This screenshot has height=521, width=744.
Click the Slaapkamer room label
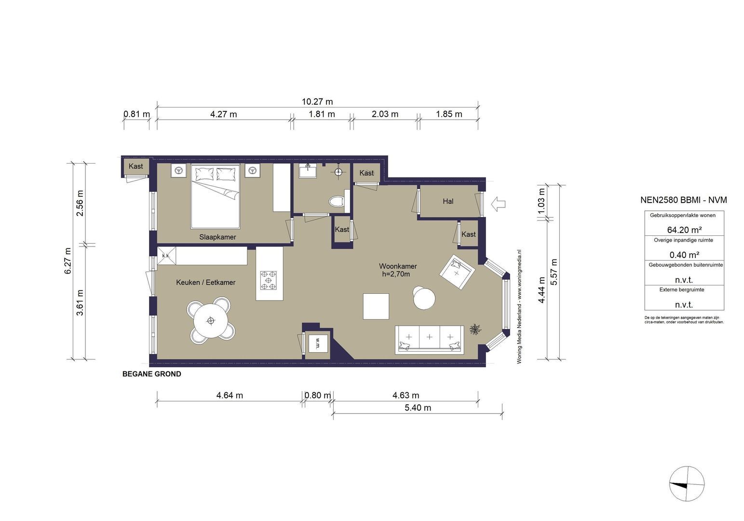(x=217, y=237)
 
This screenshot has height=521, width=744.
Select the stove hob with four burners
(x=269, y=280)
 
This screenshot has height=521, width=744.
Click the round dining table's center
(x=211, y=321)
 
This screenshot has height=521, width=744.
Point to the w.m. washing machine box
(x=318, y=343)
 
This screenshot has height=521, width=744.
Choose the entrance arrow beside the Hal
(x=498, y=204)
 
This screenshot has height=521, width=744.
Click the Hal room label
(x=448, y=201)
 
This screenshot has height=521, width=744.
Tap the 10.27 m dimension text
(x=317, y=101)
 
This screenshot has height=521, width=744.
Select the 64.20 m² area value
(x=684, y=230)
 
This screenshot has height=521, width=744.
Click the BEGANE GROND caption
(x=152, y=374)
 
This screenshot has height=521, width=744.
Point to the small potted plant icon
(x=475, y=329)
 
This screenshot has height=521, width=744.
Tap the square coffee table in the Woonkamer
(x=376, y=306)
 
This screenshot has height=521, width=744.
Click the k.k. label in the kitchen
(x=166, y=256)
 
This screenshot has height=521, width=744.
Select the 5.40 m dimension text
(x=418, y=407)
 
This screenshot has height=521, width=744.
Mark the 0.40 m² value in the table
(x=684, y=255)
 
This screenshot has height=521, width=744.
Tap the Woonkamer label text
(x=398, y=266)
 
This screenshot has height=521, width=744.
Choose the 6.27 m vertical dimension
(x=68, y=261)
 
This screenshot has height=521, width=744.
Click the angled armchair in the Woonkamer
(x=457, y=272)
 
